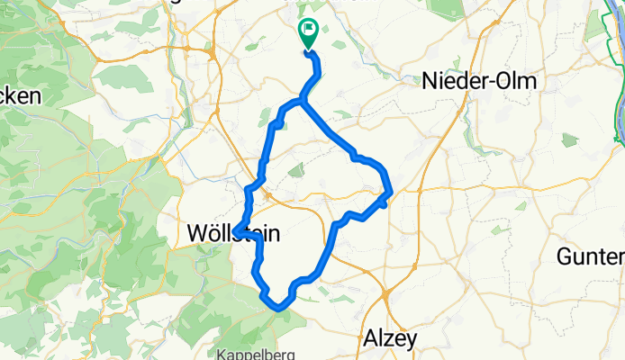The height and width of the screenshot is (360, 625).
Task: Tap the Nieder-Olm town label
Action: [478, 82]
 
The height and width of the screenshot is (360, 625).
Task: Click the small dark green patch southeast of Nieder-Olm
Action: [568, 139]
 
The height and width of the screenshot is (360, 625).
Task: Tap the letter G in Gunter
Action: [566, 256]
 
